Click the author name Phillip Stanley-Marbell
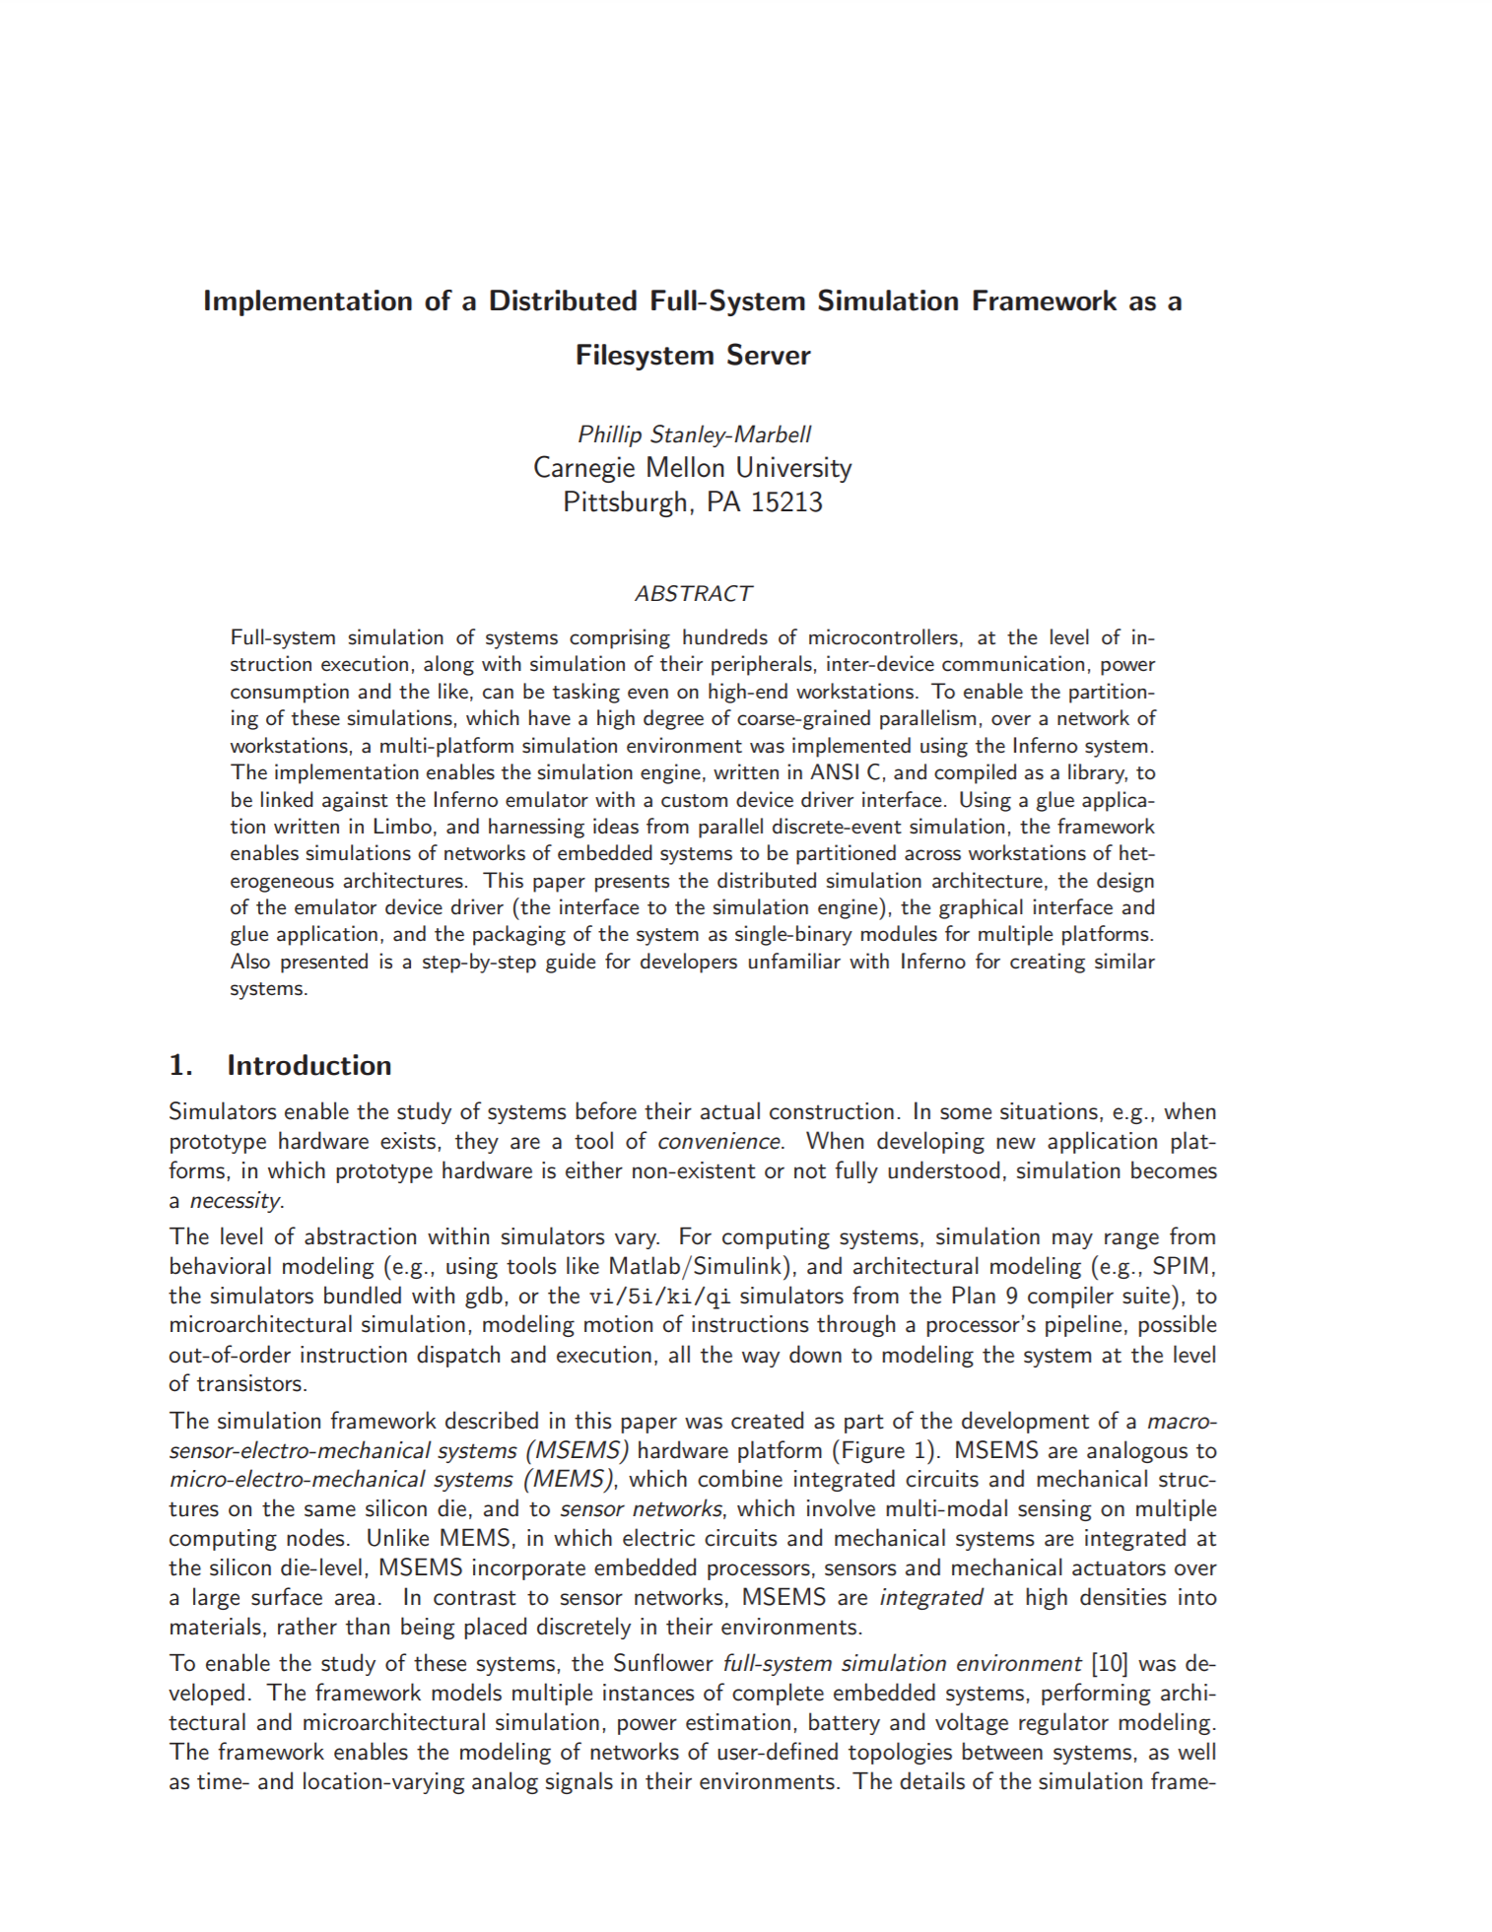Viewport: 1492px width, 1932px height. pos(694,434)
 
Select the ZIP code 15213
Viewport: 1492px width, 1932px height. pos(786,502)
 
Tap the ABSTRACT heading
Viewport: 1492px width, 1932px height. pos(693,593)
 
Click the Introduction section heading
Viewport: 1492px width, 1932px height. pos(308,1065)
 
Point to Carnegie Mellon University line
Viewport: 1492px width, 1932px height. pos(693,467)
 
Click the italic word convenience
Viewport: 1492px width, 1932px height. pos(719,1141)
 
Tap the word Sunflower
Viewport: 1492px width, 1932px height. pos(662,1663)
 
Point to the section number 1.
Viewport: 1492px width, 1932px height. pos(179,1065)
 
